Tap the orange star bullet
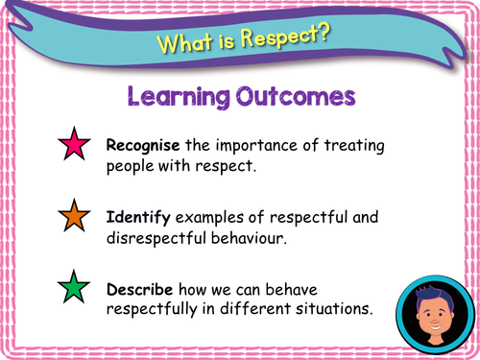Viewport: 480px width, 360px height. pos(73,215)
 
